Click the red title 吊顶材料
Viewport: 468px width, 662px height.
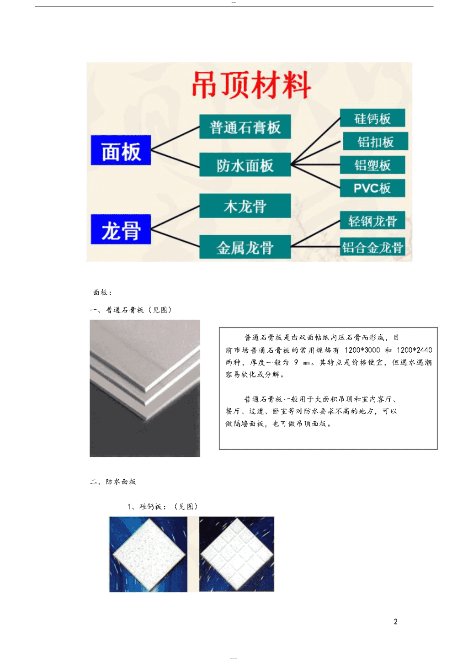point(251,85)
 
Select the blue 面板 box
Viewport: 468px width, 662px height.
point(121,150)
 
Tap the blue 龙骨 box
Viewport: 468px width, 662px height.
point(121,229)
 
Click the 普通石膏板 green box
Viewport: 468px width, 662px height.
point(245,127)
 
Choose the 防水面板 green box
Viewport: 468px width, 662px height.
point(245,164)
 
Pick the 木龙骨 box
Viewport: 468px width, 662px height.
point(245,206)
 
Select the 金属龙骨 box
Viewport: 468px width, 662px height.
point(245,247)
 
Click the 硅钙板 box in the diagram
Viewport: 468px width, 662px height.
point(372,118)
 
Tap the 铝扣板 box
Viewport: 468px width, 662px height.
point(376,141)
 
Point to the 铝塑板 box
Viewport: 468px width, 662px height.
point(372,164)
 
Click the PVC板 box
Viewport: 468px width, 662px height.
point(372,188)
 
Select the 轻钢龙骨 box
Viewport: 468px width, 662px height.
point(372,220)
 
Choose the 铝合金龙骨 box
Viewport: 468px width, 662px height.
point(372,246)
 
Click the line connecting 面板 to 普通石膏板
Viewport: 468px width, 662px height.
point(175,138)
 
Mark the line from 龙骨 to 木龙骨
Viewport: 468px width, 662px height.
point(175,217)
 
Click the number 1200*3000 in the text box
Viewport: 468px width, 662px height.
point(362,350)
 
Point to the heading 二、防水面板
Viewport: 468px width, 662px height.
point(113,482)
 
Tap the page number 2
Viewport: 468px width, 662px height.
point(396,621)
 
